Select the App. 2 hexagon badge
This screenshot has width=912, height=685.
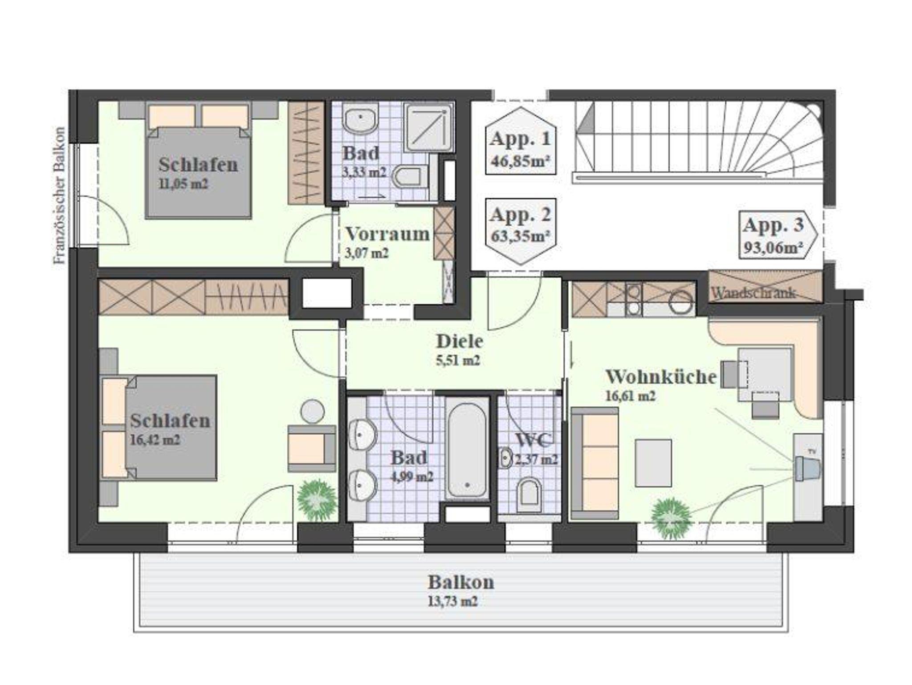(521, 231)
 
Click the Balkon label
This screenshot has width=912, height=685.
(461, 582)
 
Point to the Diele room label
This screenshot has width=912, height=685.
(460, 341)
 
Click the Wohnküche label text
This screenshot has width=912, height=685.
(661, 377)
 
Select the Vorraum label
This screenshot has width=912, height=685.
(387, 234)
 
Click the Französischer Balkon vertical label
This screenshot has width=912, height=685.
(59, 196)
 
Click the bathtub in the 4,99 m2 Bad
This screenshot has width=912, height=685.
(467, 451)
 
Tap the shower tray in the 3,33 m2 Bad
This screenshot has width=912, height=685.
(429, 128)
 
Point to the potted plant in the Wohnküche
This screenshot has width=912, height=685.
(671, 517)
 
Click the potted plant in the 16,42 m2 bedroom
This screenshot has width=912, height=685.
(317, 498)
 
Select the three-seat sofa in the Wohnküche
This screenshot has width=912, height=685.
(595, 463)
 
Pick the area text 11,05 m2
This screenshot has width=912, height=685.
(183, 184)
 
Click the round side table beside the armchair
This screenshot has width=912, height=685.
(312, 411)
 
